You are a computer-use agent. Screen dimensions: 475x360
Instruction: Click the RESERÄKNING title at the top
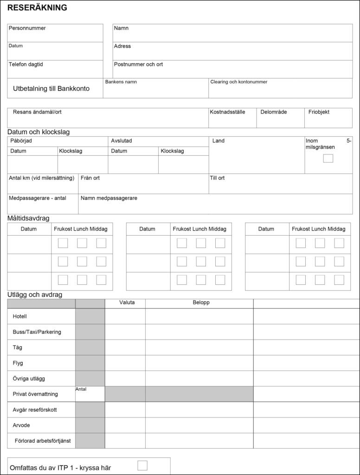(x=37, y=8)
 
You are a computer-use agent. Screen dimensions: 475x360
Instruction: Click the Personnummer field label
(x=27, y=28)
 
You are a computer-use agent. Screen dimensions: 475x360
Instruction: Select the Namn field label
(x=121, y=28)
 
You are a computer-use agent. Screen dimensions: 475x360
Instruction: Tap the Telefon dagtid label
(x=26, y=64)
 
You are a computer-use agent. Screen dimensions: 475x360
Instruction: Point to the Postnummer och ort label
(x=138, y=64)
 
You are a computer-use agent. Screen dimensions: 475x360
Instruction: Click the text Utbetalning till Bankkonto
(x=51, y=89)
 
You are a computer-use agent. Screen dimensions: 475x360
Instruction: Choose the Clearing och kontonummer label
(x=238, y=82)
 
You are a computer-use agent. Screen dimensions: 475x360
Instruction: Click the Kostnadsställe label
(x=227, y=112)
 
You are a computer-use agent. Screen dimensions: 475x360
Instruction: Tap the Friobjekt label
(x=319, y=112)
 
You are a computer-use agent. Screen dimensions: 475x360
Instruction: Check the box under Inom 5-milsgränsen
(x=328, y=159)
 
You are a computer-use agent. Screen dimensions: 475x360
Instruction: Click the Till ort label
(x=217, y=178)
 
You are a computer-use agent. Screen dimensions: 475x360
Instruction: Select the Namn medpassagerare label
(x=109, y=198)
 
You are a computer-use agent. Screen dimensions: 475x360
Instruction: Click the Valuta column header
(x=127, y=303)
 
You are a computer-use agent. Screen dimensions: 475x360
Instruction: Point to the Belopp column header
(x=201, y=303)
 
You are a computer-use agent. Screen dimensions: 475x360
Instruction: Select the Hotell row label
(x=20, y=316)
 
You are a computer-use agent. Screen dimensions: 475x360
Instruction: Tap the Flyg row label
(x=18, y=363)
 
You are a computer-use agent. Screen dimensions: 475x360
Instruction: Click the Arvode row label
(x=21, y=425)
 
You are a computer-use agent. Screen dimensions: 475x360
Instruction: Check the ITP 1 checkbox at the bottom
(x=142, y=465)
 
